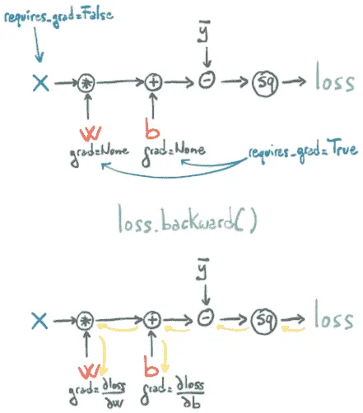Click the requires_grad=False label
point(58,17)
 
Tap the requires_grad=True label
point(303,151)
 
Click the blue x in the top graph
point(41,83)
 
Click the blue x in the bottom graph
point(40,321)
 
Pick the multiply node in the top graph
point(86,83)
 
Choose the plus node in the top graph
point(153,82)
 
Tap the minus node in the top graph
point(207,80)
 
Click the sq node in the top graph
point(265,83)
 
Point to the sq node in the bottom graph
point(264,321)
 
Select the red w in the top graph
point(91,133)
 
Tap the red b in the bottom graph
point(151,366)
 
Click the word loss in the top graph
point(335,77)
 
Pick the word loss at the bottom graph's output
point(333,315)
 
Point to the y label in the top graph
point(204,31)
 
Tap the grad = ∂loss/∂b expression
point(173,392)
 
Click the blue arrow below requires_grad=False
point(38,44)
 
